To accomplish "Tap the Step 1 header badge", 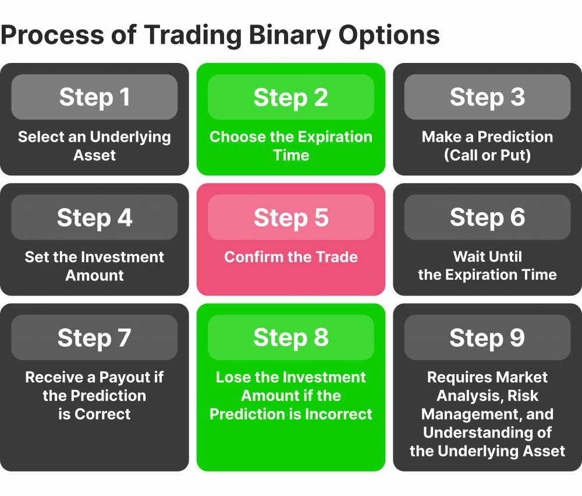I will coord(94,97).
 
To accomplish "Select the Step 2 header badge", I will coord(291,97).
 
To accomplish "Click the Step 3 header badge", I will coord(487,97).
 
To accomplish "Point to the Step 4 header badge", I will coord(94,217).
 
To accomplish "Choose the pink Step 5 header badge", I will coord(291,217).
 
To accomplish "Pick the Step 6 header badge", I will coord(487,217).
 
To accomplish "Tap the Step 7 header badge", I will coord(94,337).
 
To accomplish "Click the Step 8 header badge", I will coord(291,337).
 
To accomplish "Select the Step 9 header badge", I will coord(487,337).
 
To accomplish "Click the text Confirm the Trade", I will coord(291,257).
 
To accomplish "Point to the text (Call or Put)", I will coord(487,156).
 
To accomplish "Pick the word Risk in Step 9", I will coord(522,396).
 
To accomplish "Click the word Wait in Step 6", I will coord(470,257).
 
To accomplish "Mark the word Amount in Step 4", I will coord(94,275).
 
